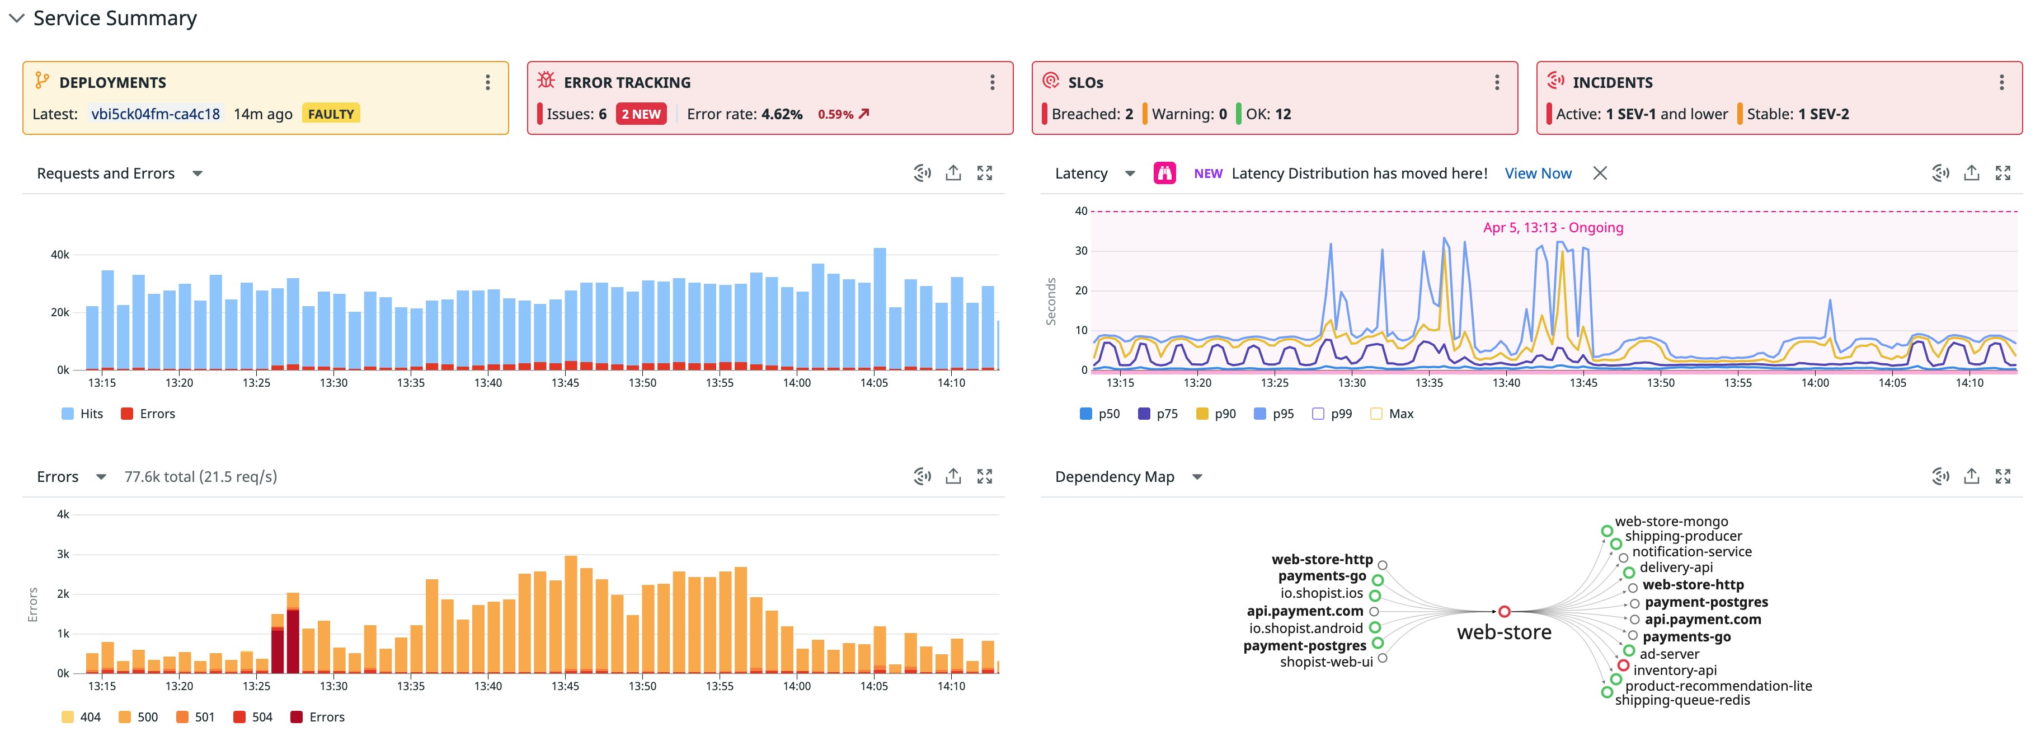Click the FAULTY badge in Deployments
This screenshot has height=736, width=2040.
click(x=330, y=114)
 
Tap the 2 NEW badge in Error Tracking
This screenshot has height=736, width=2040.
click(x=641, y=114)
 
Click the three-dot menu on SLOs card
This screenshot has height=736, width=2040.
click(x=1496, y=82)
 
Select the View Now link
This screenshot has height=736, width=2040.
click(x=1537, y=174)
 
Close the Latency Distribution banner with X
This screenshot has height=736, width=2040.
click(x=1600, y=174)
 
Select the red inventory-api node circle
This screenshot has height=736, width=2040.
click(x=1623, y=665)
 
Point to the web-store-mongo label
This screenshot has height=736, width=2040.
click(x=1671, y=521)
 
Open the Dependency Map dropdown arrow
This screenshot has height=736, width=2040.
click(x=1197, y=477)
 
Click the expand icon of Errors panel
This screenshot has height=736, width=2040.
click(x=984, y=476)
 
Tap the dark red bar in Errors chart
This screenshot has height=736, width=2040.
click(x=292, y=642)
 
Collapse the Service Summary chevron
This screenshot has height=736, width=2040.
click(x=16, y=18)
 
